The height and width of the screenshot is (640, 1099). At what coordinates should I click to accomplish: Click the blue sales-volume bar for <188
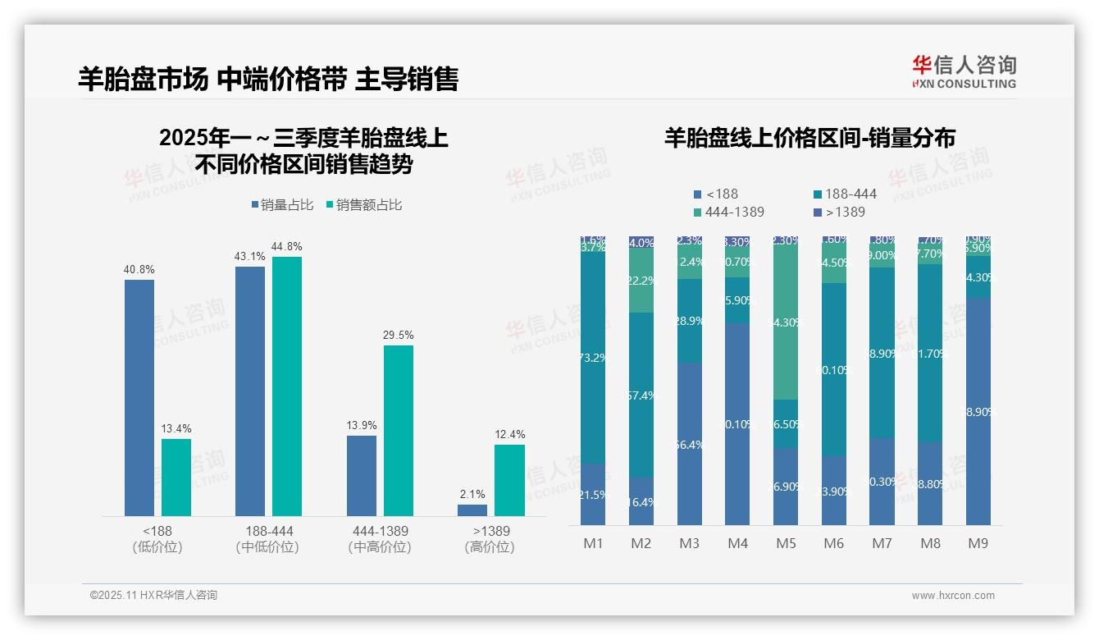click(139, 398)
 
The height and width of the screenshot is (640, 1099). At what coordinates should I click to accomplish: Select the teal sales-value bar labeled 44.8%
click(287, 386)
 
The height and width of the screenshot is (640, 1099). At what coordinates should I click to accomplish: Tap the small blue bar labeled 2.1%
click(472, 510)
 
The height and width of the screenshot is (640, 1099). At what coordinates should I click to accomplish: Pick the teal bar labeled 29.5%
click(399, 431)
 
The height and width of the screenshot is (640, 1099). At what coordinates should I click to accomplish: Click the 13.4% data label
click(176, 429)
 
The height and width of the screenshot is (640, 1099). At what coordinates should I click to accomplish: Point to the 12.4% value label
click(509, 434)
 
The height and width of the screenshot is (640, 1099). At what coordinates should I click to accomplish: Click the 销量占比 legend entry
click(282, 205)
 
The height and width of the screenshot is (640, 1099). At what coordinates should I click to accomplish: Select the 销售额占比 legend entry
click(364, 205)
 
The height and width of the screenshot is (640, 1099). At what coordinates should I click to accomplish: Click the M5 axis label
click(786, 543)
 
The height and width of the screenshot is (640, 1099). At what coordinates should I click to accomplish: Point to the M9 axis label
click(978, 543)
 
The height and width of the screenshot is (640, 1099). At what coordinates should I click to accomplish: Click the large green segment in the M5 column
click(786, 323)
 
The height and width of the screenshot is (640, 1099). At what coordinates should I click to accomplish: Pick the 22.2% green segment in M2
click(641, 281)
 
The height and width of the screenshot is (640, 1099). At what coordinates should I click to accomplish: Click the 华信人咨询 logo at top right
click(964, 71)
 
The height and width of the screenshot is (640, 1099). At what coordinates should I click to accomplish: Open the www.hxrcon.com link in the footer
click(953, 596)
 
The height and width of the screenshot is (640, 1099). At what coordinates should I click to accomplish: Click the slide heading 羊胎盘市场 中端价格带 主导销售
click(268, 79)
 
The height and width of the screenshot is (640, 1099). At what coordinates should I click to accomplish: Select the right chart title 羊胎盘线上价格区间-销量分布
click(809, 138)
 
